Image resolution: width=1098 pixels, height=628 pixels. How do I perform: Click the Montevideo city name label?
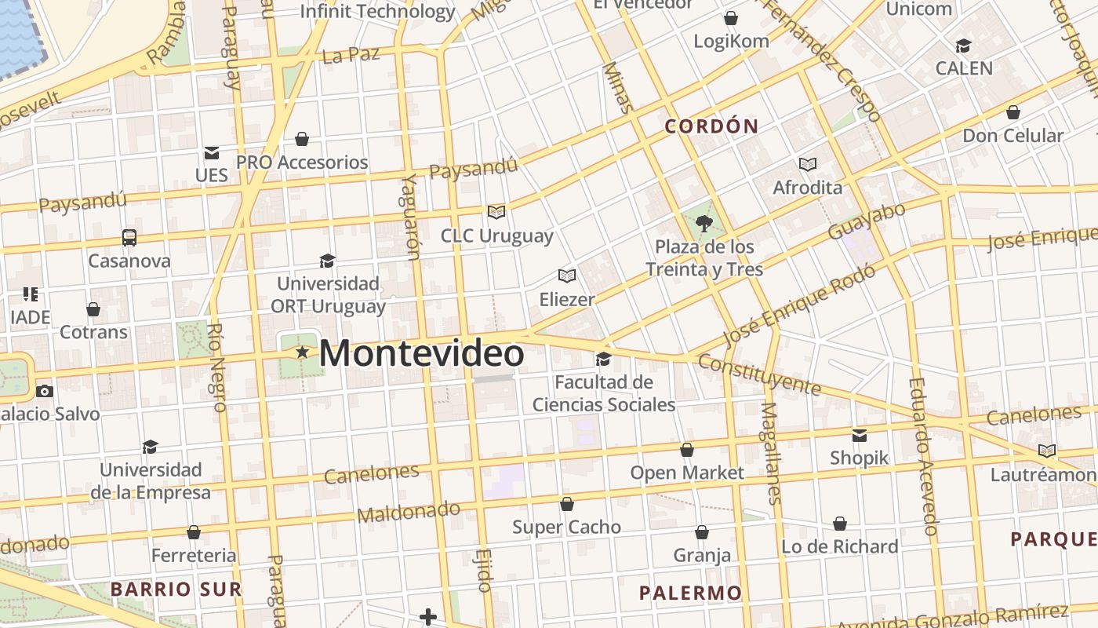[x=421, y=353]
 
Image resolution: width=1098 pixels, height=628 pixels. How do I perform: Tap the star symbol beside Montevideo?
[x=302, y=352]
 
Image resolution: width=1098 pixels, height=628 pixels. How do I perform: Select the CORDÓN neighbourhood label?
[x=711, y=126]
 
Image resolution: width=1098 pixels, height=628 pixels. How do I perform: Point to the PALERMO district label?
[x=690, y=593]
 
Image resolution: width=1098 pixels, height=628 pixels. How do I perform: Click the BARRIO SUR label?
[x=176, y=589]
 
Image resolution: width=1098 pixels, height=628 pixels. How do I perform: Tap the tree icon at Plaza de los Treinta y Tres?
[x=704, y=225]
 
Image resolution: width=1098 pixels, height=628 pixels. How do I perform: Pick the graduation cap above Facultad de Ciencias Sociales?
[x=603, y=359]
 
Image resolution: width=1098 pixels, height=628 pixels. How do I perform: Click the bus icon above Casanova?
[x=129, y=237]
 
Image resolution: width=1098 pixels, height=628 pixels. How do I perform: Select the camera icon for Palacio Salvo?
[x=45, y=391]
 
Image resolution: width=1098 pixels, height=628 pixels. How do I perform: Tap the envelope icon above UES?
[x=212, y=152]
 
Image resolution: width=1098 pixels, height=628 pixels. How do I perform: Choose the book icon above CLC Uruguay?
[x=496, y=212]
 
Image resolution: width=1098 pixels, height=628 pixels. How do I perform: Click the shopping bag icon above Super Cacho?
[x=566, y=504]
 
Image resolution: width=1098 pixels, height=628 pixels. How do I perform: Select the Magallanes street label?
[x=772, y=453]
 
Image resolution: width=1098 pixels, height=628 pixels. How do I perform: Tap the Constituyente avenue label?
[x=758, y=374]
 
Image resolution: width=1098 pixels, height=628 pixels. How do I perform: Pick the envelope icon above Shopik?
[x=860, y=435]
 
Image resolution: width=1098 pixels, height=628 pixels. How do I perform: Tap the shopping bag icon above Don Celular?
[x=1013, y=112]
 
